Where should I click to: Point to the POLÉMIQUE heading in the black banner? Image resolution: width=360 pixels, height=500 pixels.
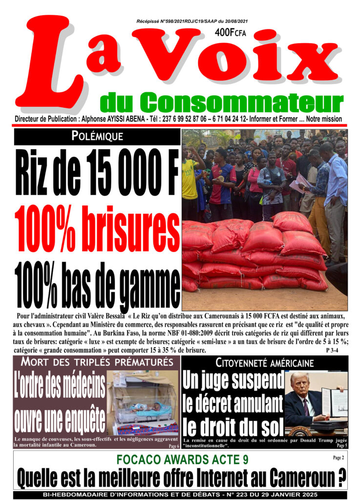click(97, 137)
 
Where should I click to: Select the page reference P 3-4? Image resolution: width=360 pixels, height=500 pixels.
click(334, 351)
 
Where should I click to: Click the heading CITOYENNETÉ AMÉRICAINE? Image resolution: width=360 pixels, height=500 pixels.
click(264, 363)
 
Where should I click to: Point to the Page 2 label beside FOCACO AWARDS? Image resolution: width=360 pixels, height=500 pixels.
click(337, 458)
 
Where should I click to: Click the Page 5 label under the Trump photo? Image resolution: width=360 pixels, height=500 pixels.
click(342, 446)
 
